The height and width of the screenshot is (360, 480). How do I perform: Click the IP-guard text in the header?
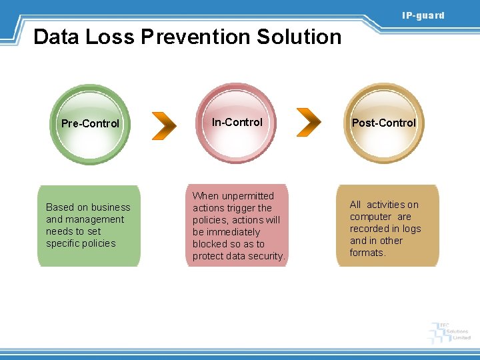pos(423,15)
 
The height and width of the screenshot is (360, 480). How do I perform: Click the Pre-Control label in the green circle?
pos(90,123)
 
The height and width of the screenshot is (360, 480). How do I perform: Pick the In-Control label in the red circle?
pos(237,122)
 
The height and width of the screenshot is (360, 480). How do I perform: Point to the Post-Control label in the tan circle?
pos(383,123)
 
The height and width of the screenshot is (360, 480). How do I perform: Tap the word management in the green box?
pos(95,219)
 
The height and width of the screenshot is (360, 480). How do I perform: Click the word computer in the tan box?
pos(370,217)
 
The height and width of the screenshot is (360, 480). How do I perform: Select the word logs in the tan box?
pos(411,229)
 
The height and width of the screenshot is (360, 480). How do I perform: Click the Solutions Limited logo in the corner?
pos(451,331)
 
